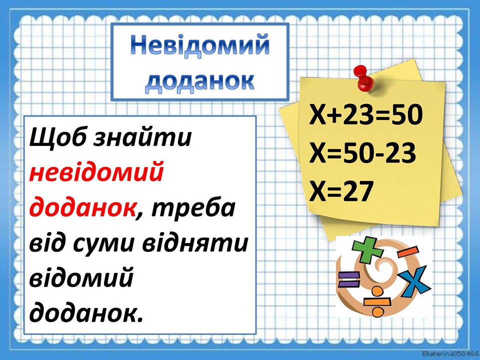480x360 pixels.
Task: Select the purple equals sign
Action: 348,279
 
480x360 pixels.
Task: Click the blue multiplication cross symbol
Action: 415,281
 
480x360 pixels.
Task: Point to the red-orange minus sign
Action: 407,251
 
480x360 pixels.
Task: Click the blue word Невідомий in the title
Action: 200,45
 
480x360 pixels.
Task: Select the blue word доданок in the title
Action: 199,81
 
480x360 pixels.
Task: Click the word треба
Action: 193,208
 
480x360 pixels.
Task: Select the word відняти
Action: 195,243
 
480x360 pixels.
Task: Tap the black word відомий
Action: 81,277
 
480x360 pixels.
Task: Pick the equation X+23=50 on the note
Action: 366,114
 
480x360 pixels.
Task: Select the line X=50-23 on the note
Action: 363,152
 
